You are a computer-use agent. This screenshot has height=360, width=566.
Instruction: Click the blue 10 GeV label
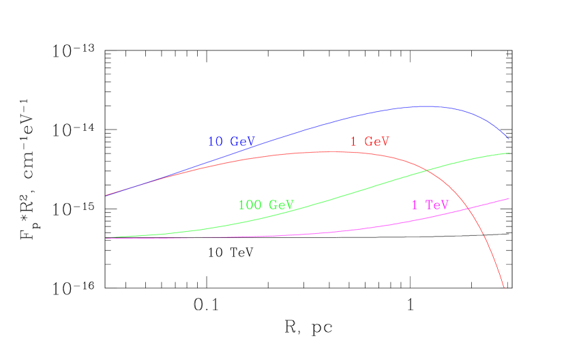pyautogui.click(x=231, y=142)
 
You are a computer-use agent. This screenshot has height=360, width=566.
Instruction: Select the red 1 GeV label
pyautogui.click(x=370, y=142)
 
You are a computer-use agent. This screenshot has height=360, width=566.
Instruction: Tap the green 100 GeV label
pyautogui.click(x=265, y=205)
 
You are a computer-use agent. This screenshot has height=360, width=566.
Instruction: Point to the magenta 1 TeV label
pyautogui.click(x=430, y=205)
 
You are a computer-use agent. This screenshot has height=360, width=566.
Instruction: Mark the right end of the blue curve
pyautogui.click(x=509, y=139)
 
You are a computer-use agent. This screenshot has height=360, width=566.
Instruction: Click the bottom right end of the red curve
pyautogui.click(x=504, y=287)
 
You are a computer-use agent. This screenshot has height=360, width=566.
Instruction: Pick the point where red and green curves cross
pyautogui.click(x=426, y=170)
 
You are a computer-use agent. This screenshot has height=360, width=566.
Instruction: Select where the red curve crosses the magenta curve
pyautogui.click(x=470, y=209)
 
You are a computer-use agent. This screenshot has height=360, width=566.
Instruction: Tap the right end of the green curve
pyautogui.click(x=509, y=153)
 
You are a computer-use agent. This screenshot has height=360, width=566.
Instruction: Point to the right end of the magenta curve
pyautogui.click(x=509, y=198)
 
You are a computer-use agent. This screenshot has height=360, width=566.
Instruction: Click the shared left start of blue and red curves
pyautogui.click(x=106, y=195)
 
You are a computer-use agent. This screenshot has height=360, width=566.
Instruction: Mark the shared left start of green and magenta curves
pyautogui.click(x=106, y=238)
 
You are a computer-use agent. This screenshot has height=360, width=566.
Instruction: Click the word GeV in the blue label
pyautogui.click(x=242, y=142)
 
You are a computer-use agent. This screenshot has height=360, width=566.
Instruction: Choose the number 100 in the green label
pyautogui.click(x=249, y=205)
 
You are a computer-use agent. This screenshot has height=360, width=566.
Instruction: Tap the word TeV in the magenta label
pyautogui.click(x=437, y=205)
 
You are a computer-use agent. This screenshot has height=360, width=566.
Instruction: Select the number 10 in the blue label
pyautogui.click(x=215, y=142)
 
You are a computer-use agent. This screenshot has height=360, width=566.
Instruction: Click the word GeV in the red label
pyautogui.click(x=377, y=142)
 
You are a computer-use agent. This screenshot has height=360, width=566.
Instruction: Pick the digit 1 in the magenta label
pyautogui.click(x=415, y=205)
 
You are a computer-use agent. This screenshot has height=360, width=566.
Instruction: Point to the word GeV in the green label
pyautogui.click(x=281, y=205)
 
